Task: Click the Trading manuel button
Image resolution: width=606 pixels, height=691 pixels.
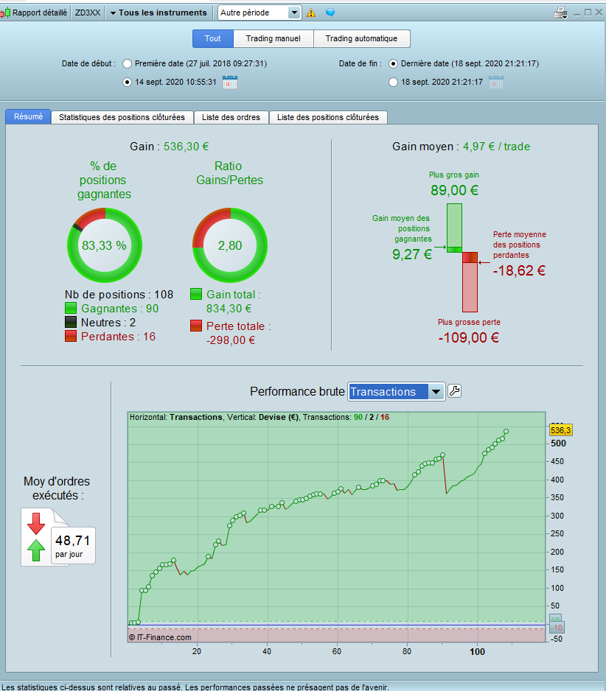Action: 273,38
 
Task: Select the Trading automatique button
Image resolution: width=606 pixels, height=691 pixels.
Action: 361,38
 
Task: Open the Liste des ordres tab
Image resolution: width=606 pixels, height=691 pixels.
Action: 231,117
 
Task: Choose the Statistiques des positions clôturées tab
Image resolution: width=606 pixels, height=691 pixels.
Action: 122,117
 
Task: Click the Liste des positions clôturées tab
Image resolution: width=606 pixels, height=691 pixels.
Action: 327,117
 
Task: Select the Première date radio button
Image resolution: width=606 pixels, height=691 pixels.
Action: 128,64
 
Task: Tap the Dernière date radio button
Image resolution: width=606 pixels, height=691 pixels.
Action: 394,64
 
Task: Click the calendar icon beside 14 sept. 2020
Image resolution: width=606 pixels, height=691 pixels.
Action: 230,82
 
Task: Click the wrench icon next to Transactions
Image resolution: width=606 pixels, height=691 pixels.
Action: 455,391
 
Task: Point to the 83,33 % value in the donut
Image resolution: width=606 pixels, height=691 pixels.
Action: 104,245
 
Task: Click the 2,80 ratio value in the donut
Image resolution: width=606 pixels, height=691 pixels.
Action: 230,245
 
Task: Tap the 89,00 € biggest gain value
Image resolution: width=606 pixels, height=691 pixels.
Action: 454,190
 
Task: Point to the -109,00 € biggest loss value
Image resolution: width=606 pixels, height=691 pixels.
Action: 469,337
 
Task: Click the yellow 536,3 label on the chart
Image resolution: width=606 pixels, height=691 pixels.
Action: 561,429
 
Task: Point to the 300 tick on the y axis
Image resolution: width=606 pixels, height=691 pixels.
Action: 558,516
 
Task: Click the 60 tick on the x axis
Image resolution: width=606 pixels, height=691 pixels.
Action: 337,651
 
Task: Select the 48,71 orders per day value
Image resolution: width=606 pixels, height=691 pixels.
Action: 72,540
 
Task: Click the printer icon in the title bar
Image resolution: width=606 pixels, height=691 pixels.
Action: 560,13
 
